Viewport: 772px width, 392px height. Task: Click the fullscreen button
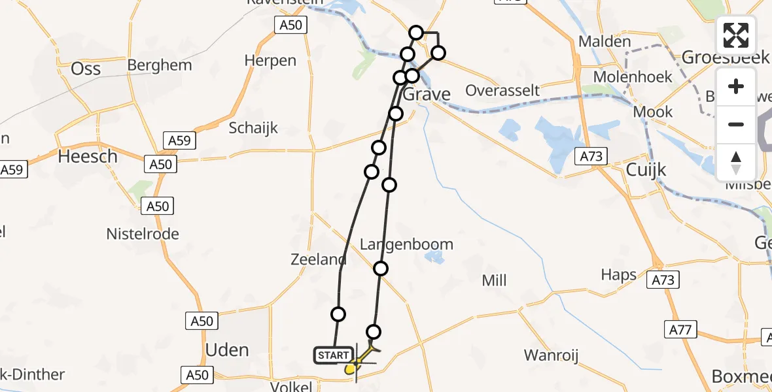736,35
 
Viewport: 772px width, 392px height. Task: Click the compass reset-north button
736,163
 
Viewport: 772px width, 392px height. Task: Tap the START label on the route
333,355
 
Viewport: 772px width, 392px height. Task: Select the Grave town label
427,95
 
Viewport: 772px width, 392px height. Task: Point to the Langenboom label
407,244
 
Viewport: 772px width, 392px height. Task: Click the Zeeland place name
318,259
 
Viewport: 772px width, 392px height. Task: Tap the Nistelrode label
143,234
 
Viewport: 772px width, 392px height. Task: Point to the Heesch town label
88,157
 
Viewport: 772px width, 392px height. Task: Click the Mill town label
494,281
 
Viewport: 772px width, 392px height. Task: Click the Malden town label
605,42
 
